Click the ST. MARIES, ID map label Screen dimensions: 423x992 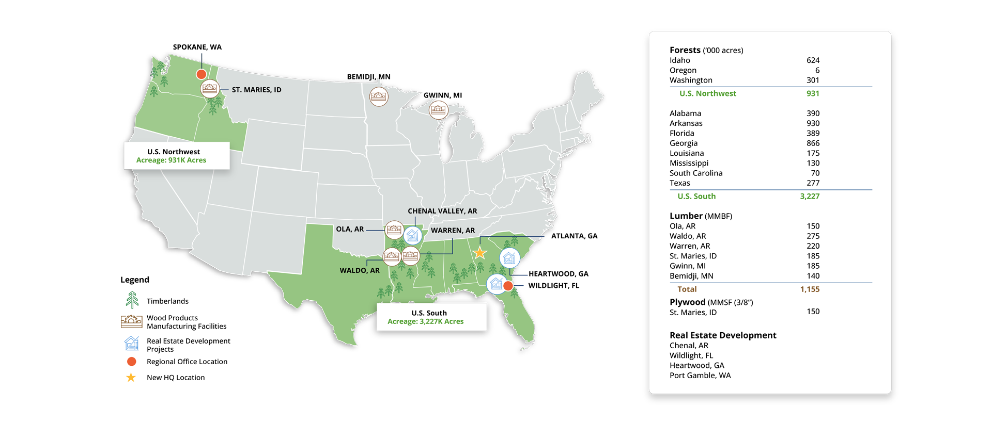256,90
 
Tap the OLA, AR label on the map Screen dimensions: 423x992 350,229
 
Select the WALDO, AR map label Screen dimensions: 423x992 360,270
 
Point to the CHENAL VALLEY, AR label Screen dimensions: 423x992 442,211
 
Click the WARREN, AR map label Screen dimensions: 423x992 453,231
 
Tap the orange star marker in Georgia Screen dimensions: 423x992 480,253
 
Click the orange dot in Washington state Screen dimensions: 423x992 202,74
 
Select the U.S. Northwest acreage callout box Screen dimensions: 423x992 176,156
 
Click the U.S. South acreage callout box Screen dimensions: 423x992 431,317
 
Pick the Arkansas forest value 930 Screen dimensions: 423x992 813,123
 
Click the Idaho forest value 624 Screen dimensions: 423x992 813,60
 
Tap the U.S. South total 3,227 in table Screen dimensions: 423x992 809,197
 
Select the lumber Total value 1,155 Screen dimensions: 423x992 810,289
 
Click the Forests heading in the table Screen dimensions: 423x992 685,50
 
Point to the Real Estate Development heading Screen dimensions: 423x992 722,335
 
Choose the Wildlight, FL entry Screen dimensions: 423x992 691,355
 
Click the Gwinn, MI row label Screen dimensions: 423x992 687,266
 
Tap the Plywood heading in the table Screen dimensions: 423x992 687,302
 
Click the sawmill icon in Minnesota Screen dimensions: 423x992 379,96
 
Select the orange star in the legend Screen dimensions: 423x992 131,378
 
